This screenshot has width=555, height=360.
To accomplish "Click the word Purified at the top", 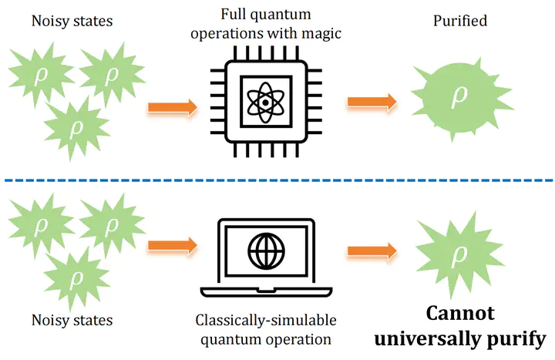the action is [460, 21].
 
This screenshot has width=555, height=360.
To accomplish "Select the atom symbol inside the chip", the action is [265, 102].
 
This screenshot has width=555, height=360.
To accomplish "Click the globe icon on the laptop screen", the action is [266, 251].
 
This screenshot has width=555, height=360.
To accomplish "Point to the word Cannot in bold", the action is [460, 313].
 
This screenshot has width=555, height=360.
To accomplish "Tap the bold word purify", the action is [516, 340].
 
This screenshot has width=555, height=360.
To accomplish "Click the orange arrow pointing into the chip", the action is [173, 107].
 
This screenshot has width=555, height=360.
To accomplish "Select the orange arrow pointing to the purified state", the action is [372, 102].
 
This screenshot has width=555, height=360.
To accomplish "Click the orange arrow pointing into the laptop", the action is [173, 245].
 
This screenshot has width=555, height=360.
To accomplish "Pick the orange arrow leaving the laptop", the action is [372, 251].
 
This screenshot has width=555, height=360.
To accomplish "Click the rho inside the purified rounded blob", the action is [459, 96].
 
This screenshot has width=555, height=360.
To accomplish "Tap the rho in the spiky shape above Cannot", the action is [459, 253].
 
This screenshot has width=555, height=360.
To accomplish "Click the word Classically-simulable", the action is [266, 321].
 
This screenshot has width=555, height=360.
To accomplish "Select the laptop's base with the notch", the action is [266, 292].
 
